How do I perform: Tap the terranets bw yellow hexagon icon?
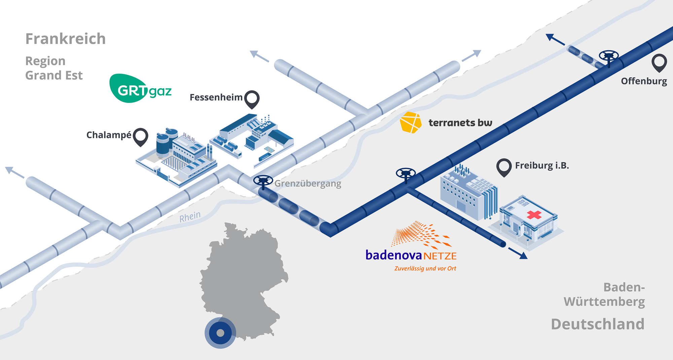point(411,122)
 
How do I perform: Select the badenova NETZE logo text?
point(411,255)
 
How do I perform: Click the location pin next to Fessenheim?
point(252,99)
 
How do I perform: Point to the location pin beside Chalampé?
point(140,136)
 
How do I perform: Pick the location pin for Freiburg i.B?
point(504,167)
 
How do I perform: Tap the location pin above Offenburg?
point(659,62)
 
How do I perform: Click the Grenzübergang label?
point(308,184)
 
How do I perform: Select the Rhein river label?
point(190,217)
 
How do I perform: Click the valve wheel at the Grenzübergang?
point(263,181)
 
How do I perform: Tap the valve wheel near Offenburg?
point(609,56)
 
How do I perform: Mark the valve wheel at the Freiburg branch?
point(406,174)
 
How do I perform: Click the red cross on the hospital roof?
point(534,214)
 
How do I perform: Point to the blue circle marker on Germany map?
point(220,333)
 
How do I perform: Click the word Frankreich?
point(66,39)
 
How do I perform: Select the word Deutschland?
point(598,324)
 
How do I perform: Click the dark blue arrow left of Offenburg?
point(551,37)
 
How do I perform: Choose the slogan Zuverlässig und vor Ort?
point(425,268)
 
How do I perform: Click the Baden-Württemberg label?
point(604,294)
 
